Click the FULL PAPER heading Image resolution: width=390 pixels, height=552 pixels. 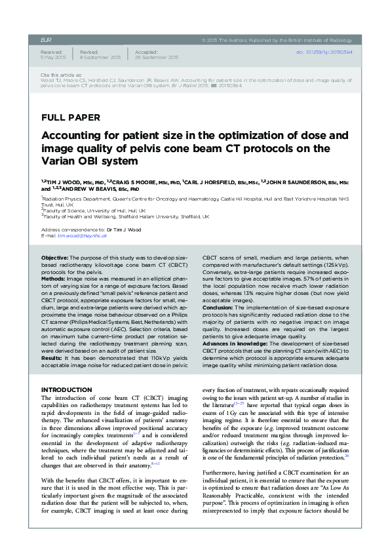(x=71, y=118)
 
